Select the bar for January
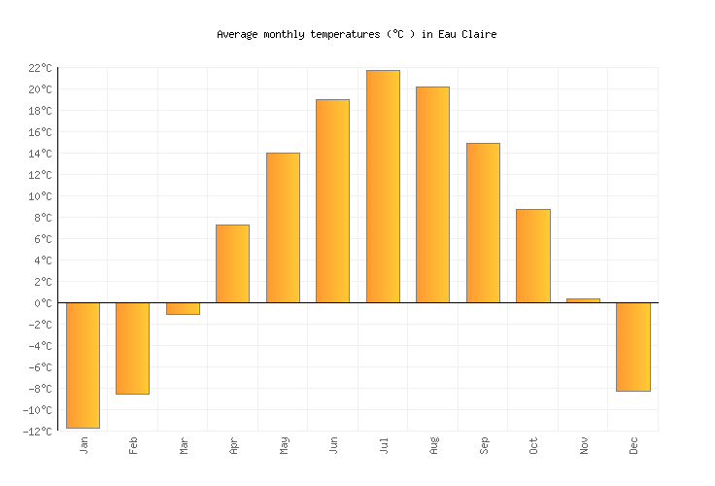click(x=83, y=364)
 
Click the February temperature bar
click(x=132, y=348)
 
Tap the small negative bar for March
click(x=183, y=308)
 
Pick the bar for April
click(x=232, y=263)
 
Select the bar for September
click(x=483, y=223)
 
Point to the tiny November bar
click(x=583, y=300)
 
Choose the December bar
click(x=632, y=346)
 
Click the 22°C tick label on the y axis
click(x=40, y=68)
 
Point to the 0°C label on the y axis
click(x=43, y=303)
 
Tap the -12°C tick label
click(x=37, y=432)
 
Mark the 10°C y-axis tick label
click(x=40, y=196)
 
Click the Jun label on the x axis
click(x=333, y=445)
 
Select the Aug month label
click(x=433, y=445)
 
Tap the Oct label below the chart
click(x=533, y=445)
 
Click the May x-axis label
click(x=283, y=445)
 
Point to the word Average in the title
click(x=237, y=34)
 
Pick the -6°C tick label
click(x=40, y=367)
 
